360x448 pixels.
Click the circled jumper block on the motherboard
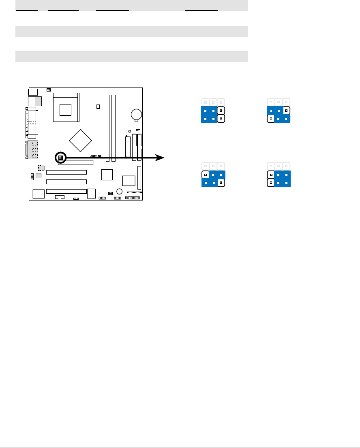60,157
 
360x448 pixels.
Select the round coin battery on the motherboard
136,114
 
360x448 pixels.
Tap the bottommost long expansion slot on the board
66,191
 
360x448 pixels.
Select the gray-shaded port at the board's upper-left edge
38,101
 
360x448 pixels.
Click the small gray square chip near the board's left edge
38,175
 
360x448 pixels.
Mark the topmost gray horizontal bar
131,5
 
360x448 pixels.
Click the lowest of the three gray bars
131,56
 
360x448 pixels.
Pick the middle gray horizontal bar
131,32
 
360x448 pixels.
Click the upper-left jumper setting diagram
213,111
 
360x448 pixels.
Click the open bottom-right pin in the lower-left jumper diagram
221,183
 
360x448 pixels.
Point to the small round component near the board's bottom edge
119,191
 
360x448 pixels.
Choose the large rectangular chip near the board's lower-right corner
129,180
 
